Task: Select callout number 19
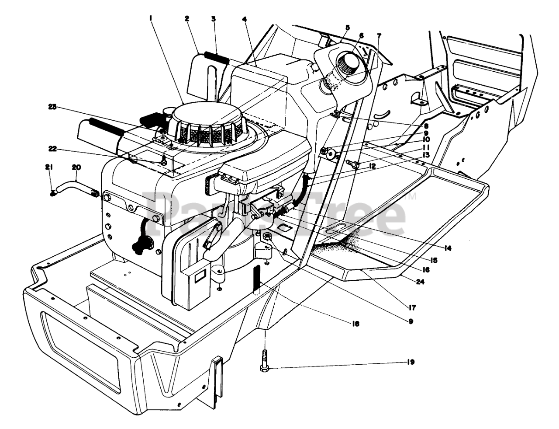tap(410, 362)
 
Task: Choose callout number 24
tap(420, 282)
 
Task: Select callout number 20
tap(76, 167)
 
